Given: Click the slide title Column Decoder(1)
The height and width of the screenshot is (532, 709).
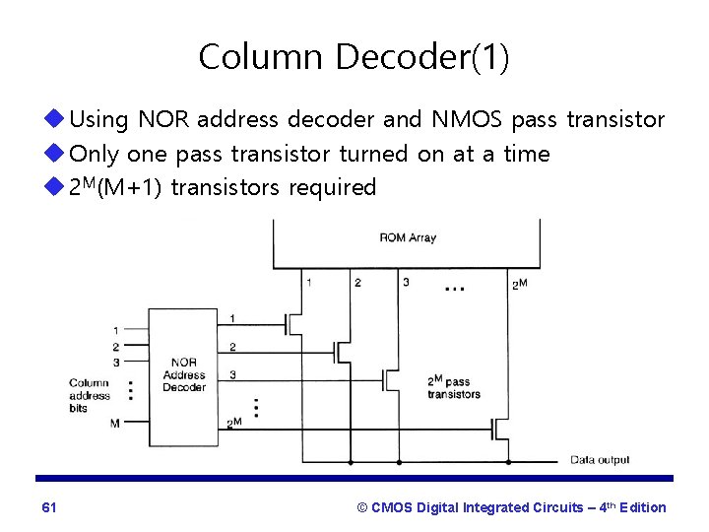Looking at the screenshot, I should (x=354, y=57).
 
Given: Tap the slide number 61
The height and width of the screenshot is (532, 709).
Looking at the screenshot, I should (x=49, y=507).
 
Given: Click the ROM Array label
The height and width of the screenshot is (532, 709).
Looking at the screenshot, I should (x=407, y=237).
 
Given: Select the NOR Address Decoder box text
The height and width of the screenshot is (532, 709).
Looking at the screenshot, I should (x=185, y=374).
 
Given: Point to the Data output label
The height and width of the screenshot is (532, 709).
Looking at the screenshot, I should (x=600, y=460).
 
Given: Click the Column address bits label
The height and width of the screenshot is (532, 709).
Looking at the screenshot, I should (x=90, y=395).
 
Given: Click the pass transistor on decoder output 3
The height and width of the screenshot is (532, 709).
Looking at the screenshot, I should (x=392, y=376).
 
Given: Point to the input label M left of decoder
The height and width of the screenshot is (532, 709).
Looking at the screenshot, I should (x=115, y=424).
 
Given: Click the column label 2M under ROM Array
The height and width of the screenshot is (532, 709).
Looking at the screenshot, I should (x=519, y=285).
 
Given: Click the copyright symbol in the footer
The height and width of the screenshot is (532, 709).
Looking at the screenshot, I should (x=362, y=507).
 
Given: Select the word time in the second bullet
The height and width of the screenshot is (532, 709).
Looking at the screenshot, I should (x=526, y=154).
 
